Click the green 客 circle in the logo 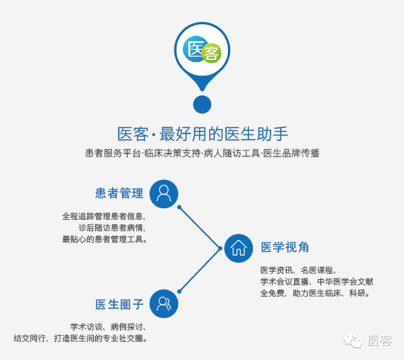212,53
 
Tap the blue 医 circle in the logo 194,49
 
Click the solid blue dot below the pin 202,104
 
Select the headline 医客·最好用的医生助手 202,134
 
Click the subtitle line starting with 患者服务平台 202,153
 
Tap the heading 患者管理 119,193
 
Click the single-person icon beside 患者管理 164,194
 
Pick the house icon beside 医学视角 239,248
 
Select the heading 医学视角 285,247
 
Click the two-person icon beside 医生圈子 164,303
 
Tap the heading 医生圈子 119,304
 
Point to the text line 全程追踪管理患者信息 104,216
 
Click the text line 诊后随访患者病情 112,228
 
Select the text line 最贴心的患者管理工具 105,239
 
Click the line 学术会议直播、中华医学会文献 316,281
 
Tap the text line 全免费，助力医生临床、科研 315,293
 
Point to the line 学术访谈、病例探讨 109,327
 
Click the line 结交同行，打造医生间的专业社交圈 80,338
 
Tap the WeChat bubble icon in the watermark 353,340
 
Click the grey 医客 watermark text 380,340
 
